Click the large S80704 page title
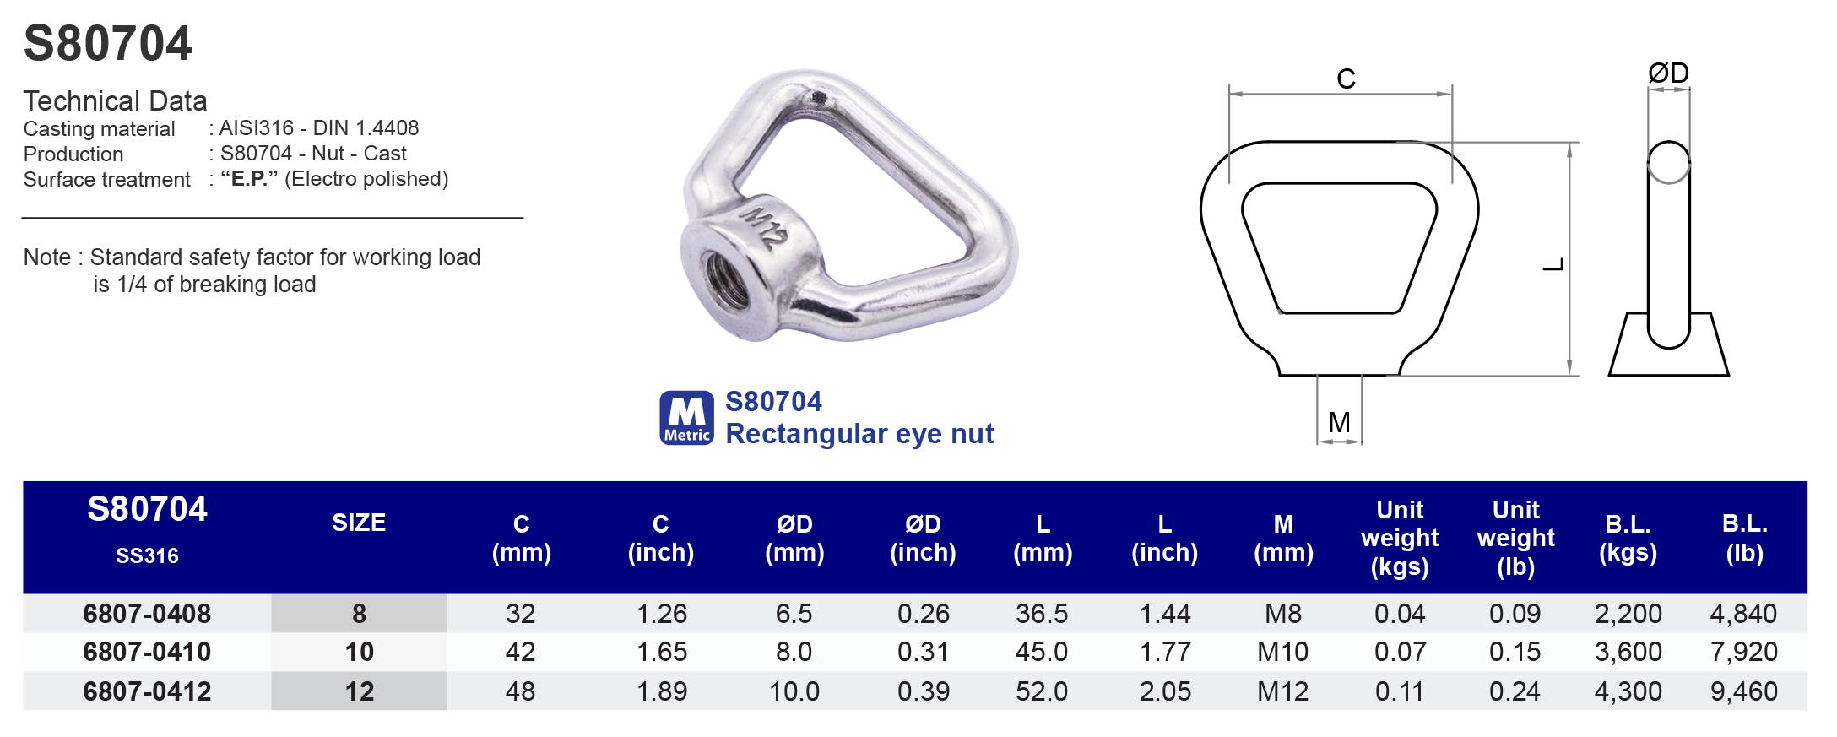coord(107,43)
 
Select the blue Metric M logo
coord(686,417)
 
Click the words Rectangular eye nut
coord(859,434)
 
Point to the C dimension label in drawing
coord(1346,79)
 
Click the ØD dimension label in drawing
coord(1668,73)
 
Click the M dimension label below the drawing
coord(1339,421)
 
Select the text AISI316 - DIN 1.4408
coord(318,128)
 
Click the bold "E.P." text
coord(249,179)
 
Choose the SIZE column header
coord(359,523)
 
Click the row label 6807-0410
coord(147,652)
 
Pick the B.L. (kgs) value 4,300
coord(1628,691)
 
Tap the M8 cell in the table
coord(1282,614)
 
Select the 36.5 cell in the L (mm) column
coord(1042,614)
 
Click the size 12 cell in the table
coord(359,691)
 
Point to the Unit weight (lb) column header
coord(1515,538)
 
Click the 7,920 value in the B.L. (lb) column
coord(1743,652)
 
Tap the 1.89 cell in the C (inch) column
coord(661,691)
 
